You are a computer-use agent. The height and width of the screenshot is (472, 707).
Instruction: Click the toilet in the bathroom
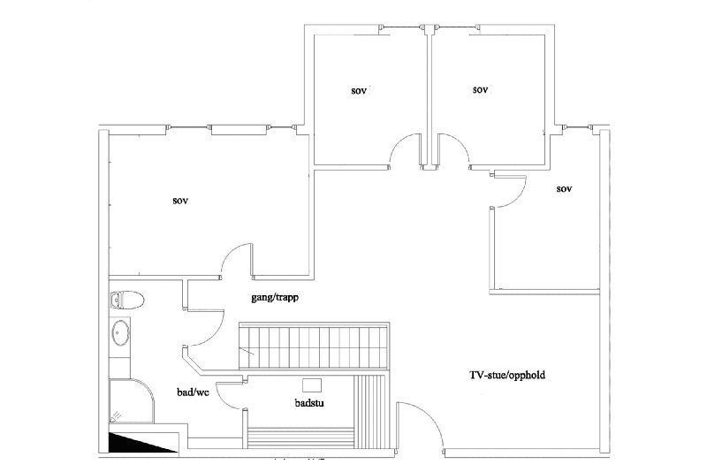[126, 300]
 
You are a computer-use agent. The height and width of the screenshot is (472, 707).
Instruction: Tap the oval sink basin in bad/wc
[120, 332]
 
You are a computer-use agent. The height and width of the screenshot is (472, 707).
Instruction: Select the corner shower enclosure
[131, 400]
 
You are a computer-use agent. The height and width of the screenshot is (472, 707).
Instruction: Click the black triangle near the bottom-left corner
[142, 443]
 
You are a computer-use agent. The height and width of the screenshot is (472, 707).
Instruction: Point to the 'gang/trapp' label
[275, 298]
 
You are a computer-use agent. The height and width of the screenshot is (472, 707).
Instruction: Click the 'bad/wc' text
[193, 392]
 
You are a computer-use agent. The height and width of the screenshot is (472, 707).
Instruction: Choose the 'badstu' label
[309, 402]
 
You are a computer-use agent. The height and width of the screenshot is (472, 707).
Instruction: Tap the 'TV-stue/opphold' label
[507, 375]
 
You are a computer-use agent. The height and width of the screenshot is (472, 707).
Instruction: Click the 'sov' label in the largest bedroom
[180, 201]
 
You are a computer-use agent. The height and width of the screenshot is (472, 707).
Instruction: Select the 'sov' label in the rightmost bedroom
[564, 189]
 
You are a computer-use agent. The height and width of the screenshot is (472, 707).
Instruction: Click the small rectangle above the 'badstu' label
[312, 385]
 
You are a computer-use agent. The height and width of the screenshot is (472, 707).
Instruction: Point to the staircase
[314, 346]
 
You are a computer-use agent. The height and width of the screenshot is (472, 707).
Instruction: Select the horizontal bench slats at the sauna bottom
[300, 438]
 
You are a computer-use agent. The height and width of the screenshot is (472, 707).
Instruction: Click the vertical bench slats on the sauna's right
[371, 413]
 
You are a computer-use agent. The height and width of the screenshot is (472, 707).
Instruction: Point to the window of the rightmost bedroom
[579, 127]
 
